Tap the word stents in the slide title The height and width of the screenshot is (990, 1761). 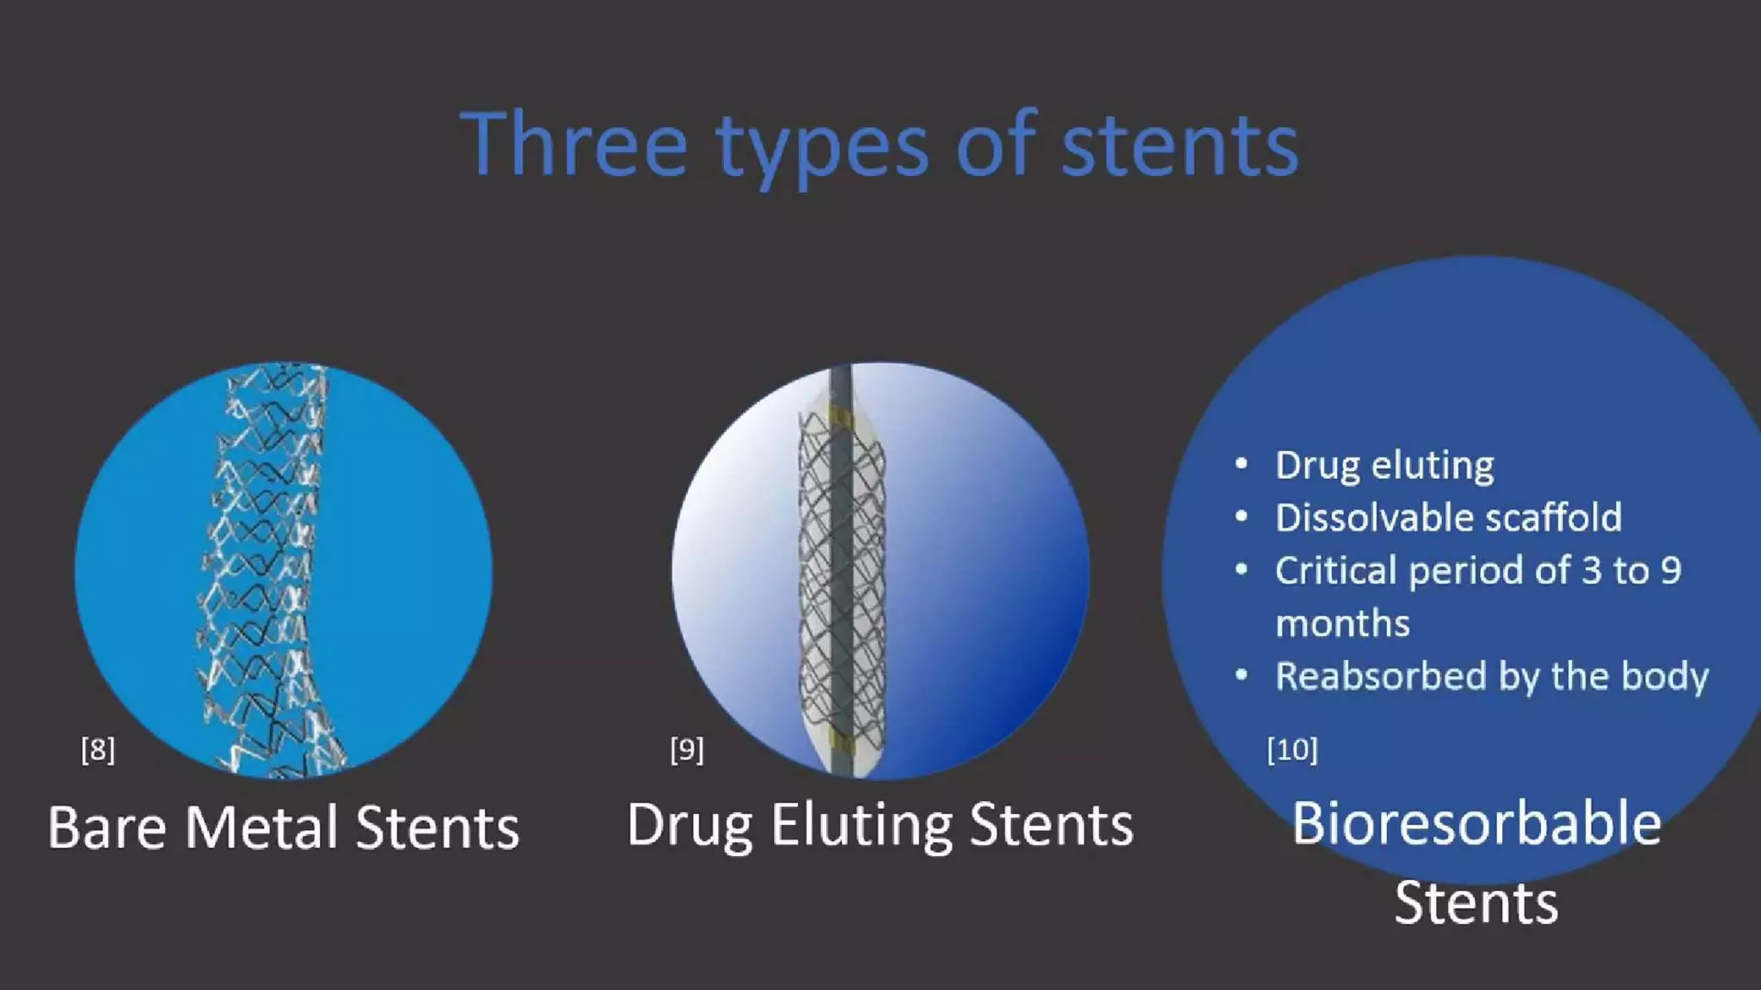pyautogui.click(x=1180, y=146)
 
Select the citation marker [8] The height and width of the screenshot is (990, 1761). pyautogui.click(x=97, y=749)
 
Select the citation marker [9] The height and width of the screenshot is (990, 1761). pyautogui.click(x=686, y=749)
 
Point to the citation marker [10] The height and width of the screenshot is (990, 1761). pyautogui.click(x=1292, y=749)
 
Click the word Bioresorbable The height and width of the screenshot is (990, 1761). pyautogui.click(x=1476, y=823)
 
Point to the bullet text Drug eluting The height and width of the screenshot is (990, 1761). pyautogui.click(x=1384, y=465)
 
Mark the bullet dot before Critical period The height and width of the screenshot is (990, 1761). pyautogui.click(x=1241, y=570)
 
